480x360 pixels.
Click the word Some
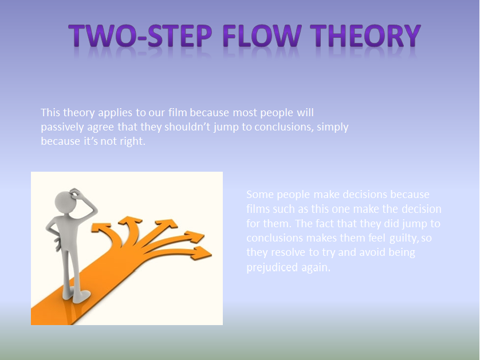(259, 195)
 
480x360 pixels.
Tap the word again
(317, 267)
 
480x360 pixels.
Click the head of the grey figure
(65, 201)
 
